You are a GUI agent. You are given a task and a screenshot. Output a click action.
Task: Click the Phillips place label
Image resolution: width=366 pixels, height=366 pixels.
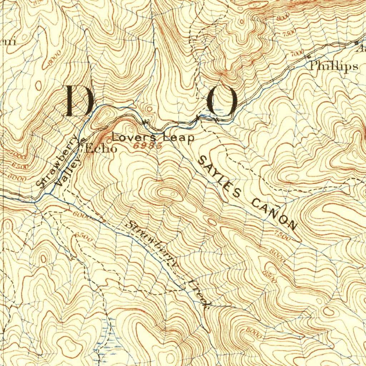coord(333,66)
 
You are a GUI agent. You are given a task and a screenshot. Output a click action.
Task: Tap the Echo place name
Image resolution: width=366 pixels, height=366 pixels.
coord(101,149)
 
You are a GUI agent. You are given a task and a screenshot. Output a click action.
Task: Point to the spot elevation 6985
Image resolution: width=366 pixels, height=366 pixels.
coord(147,146)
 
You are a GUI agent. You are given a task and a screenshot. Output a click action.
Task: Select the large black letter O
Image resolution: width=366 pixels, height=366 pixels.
coord(223,102)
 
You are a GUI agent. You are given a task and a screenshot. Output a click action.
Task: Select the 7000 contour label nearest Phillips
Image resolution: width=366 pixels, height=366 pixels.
coord(297,54)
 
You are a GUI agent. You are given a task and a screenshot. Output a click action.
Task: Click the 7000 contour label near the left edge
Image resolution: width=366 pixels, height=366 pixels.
coord(19,157)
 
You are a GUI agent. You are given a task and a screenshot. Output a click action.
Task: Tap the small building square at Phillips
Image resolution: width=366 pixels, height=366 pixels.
coord(308,56)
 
